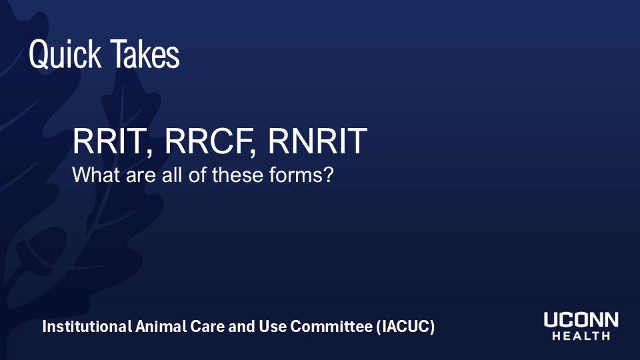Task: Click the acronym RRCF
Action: [207, 141]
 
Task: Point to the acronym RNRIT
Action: [317, 141]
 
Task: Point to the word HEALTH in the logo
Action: [581, 337]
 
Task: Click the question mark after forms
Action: [327, 176]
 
